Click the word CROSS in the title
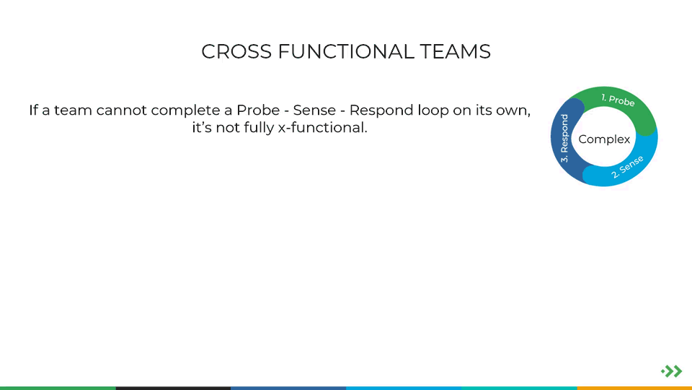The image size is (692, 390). (x=236, y=52)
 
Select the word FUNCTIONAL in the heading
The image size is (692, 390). (x=346, y=52)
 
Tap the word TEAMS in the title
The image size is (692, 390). (x=455, y=52)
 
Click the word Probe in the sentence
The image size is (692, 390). (x=258, y=110)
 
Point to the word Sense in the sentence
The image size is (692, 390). (x=314, y=110)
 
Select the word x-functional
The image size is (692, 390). (x=323, y=128)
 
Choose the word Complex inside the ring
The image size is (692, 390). (x=604, y=139)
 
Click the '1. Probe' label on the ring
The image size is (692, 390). (x=618, y=100)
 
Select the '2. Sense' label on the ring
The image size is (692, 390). (x=627, y=167)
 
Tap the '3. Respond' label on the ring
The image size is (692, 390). (x=564, y=139)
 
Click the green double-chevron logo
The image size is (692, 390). (x=672, y=371)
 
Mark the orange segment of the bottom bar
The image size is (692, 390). (x=634, y=389)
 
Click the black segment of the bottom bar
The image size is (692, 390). (x=173, y=389)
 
